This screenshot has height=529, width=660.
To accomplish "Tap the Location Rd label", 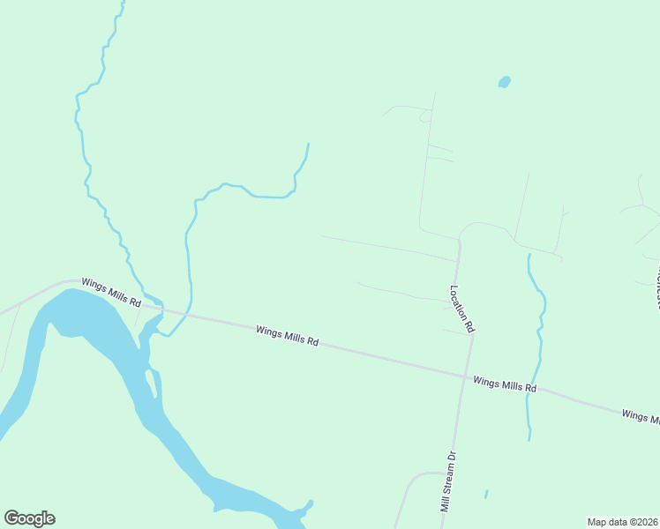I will coord(461,309).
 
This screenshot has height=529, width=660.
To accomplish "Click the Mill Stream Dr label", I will coord(449,482).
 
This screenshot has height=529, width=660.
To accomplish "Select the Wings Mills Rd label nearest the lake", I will coord(111,292).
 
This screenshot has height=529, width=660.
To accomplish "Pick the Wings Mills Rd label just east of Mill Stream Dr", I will coord(505,384).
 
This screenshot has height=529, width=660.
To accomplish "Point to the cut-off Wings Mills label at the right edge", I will coord(640,415).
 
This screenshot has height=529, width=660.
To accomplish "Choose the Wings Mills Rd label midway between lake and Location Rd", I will coord(287,336).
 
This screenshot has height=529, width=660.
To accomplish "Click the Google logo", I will coord(29,518).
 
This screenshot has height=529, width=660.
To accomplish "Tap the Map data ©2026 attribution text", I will coord(622,522).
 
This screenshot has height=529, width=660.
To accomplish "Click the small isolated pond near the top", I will coord(504,82).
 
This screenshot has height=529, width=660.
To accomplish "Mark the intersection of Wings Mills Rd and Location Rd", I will coord(466,377).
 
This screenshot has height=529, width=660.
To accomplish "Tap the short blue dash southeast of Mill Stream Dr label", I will coord(485,494).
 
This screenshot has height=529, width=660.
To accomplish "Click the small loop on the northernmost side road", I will coord(424,115).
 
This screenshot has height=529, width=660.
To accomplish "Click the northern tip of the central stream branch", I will coord(308,144).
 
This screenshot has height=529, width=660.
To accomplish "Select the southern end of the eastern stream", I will coord(529,437).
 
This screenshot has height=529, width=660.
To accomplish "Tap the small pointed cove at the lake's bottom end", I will coord(310,503).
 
